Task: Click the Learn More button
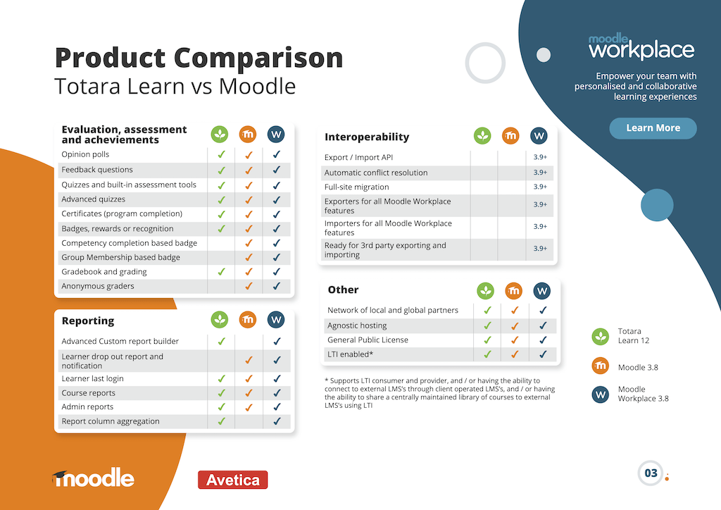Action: pos(653,128)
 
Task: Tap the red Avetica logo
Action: pos(232,480)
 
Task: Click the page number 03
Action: pos(651,473)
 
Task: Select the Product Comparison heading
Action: pos(199,58)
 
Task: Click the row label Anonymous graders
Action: pos(98,286)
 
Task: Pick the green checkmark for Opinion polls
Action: pos(221,154)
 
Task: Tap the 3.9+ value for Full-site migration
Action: pos(540,187)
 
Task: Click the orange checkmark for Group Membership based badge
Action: pos(249,258)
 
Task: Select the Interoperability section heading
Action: pos(367,137)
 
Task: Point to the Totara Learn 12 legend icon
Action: pos(600,337)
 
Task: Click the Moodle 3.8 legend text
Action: pos(638,368)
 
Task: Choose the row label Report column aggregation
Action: pos(111,421)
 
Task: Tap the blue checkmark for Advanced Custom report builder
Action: pos(277,341)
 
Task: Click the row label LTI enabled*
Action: pos(351,354)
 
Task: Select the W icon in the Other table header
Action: pos(541,291)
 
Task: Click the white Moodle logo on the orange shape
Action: pos(94,478)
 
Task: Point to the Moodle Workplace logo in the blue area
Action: pos(641,46)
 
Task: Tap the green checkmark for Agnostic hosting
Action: pos(487,325)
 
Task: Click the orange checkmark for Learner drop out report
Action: pos(249,361)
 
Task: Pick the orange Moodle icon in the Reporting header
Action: pos(248,320)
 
